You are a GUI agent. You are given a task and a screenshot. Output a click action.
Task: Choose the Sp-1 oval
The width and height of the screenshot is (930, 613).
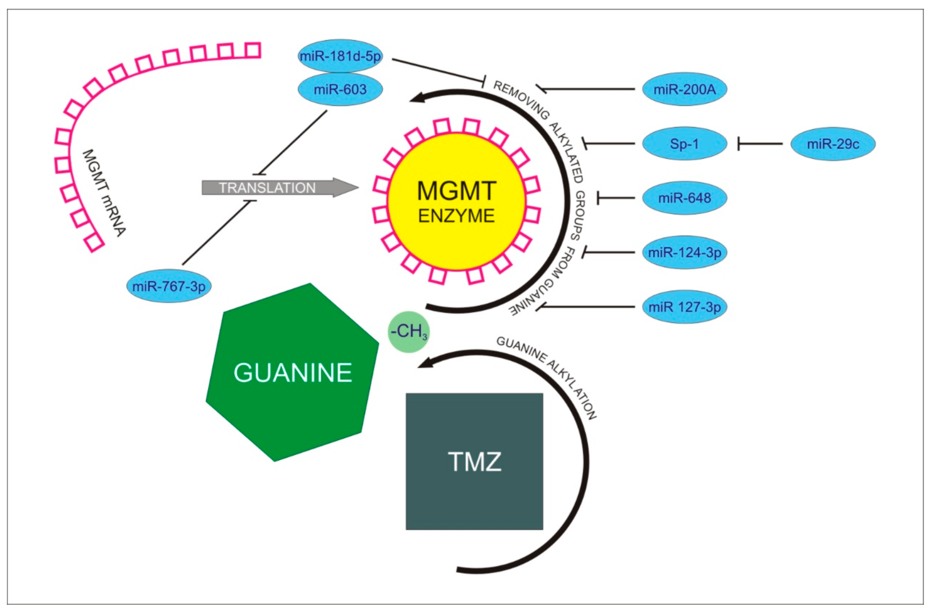point(684,144)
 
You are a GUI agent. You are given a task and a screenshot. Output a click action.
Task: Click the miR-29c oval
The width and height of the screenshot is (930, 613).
point(833,144)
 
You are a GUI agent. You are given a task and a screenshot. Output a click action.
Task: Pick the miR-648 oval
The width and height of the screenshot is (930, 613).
point(684,198)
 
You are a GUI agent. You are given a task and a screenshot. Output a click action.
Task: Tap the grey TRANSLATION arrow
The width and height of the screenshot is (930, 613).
point(274,188)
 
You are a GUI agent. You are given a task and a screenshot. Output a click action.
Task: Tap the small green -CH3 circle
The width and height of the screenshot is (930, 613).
point(408,332)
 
